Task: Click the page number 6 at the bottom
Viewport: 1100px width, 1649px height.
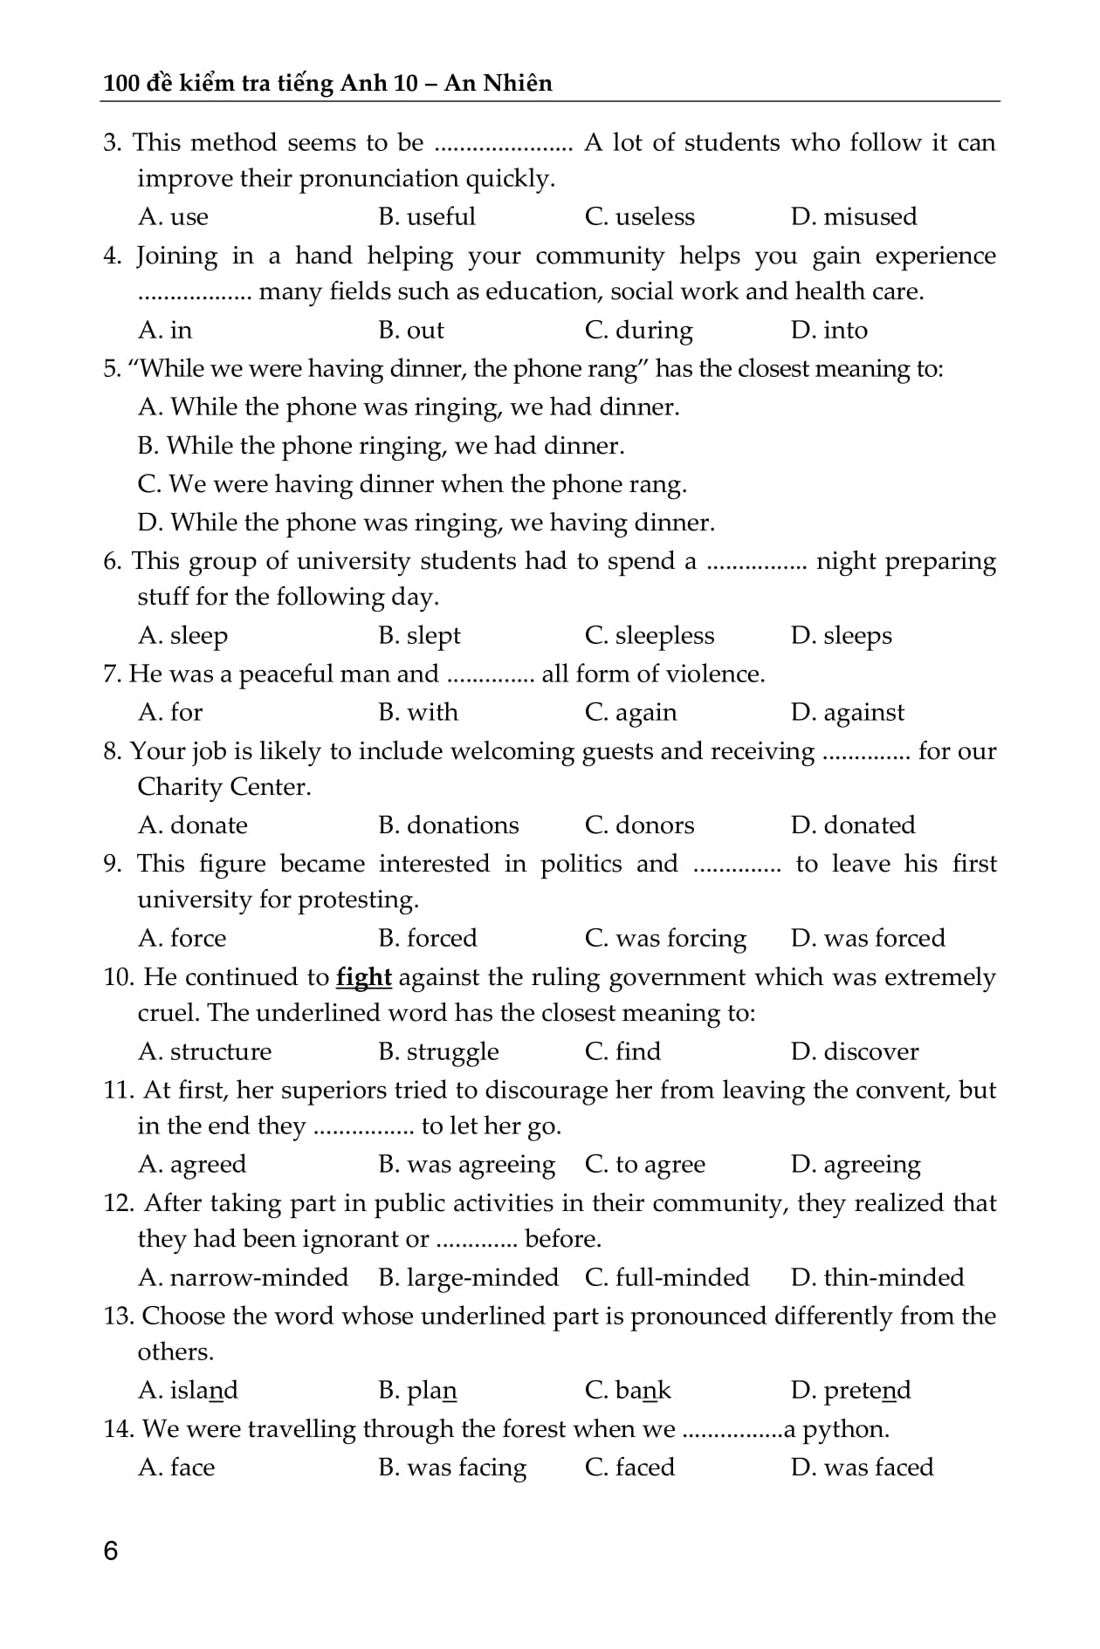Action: coord(110,1550)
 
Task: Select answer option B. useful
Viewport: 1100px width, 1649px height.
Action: coord(427,216)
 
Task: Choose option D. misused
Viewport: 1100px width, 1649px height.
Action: coord(853,216)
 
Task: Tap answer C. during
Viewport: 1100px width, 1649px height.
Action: coord(638,330)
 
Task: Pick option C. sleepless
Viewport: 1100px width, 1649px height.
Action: coord(649,635)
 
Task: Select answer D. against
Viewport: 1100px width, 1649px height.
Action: coord(847,713)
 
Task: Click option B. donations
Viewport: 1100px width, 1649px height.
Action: coord(448,825)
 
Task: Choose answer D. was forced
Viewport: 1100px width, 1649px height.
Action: coord(867,938)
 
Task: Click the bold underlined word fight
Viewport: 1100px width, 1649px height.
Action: coord(363,977)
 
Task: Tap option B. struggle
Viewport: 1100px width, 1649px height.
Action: coord(438,1051)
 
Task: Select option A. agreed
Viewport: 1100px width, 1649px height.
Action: coord(192,1164)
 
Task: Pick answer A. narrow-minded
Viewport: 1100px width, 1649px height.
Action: coord(243,1277)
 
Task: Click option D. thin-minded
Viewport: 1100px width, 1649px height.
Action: coord(877,1277)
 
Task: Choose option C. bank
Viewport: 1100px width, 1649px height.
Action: coord(627,1390)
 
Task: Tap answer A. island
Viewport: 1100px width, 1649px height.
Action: coord(188,1390)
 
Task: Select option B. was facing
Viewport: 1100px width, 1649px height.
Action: coord(452,1468)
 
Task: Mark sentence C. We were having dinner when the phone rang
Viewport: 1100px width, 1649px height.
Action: coord(412,484)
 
